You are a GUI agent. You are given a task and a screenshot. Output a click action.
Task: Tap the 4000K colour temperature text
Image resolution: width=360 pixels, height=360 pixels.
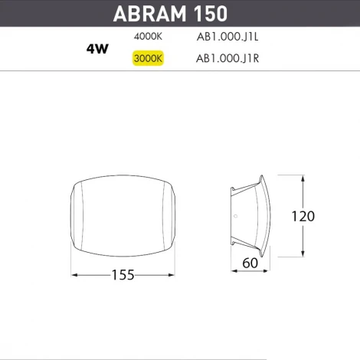147,35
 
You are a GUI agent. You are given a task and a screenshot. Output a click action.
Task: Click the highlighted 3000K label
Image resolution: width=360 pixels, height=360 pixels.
147,58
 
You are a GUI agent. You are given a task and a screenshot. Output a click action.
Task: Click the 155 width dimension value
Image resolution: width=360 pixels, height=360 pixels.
123,274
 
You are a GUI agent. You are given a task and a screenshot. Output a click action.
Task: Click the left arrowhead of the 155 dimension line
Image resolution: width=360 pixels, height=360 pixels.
74,274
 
